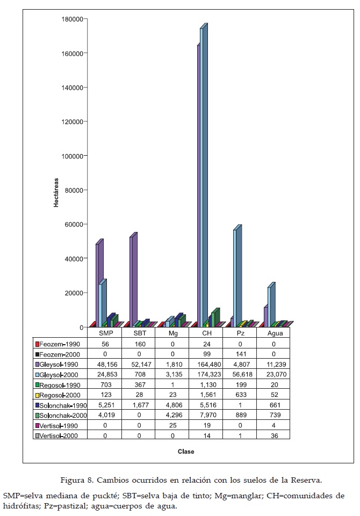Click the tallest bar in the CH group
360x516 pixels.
click(x=203, y=177)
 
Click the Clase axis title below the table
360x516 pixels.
click(x=186, y=452)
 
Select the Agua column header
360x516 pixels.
click(x=273, y=333)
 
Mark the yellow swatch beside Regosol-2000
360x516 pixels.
click(x=37, y=395)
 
